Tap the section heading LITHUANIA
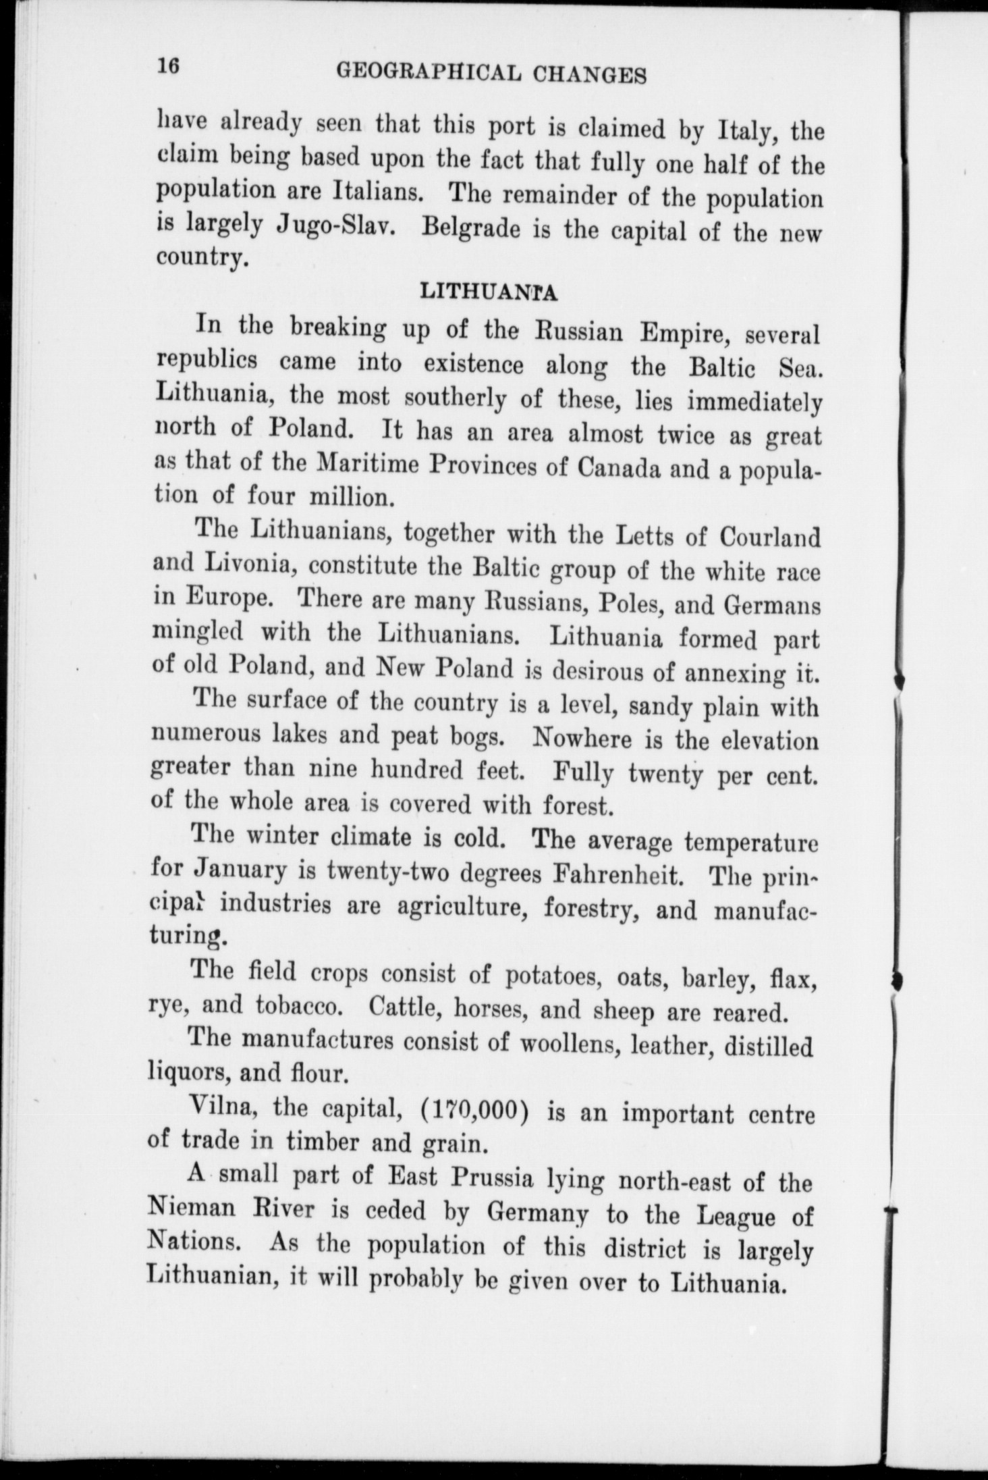[489, 292]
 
